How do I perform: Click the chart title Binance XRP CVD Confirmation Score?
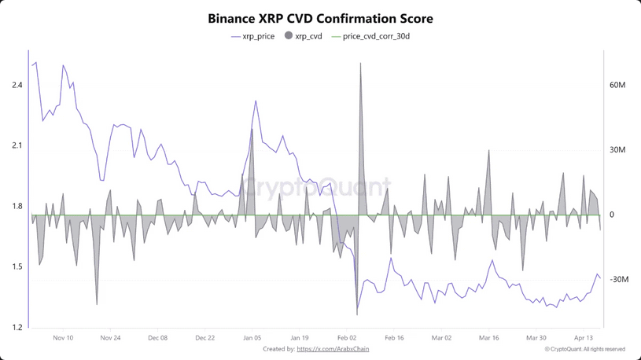(x=320, y=17)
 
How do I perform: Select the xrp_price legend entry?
(x=252, y=36)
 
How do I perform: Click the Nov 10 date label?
(x=63, y=338)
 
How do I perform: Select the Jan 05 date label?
(x=252, y=338)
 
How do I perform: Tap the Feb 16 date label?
(x=394, y=338)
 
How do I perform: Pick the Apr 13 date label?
(x=583, y=338)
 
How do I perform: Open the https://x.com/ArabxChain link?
(x=333, y=349)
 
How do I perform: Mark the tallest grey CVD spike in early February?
(x=360, y=64)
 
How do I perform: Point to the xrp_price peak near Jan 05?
(x=256, y=101)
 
